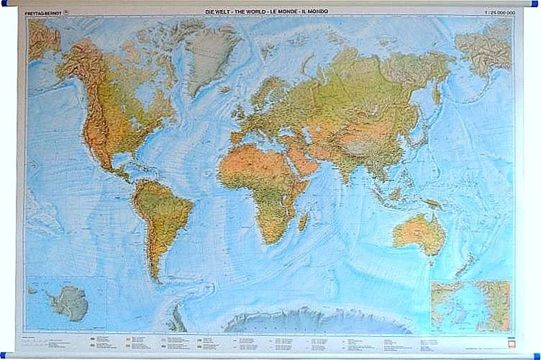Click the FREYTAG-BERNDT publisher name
42,12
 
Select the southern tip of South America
155,277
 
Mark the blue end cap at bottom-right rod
537,355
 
